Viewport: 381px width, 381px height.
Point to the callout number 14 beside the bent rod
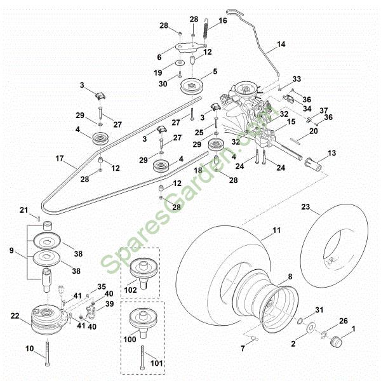[x=281, y=46]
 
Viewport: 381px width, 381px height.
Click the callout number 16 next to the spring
[x=222, y=21]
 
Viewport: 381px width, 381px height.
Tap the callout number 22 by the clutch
[x=16, y=316]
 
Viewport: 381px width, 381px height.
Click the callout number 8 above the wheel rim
[x=290, y=277]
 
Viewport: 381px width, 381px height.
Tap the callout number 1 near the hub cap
[x=354, y=329]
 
